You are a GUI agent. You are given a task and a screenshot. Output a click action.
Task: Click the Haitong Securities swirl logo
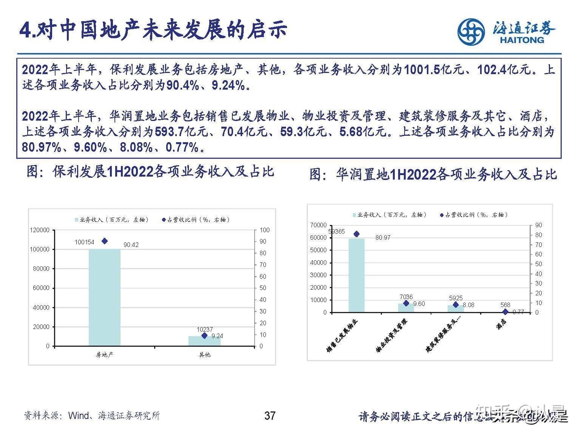[471, 32]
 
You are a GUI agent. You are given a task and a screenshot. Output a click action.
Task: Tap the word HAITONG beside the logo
[522, 40]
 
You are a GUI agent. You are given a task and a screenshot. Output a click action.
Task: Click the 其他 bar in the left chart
[204, 341]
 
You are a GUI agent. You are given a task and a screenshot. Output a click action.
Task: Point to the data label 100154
[84, 242]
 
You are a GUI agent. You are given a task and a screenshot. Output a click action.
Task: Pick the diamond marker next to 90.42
[105, 241]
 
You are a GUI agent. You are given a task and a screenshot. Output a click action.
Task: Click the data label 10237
[204, 329]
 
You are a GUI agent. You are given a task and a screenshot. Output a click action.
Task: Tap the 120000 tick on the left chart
[40, 230]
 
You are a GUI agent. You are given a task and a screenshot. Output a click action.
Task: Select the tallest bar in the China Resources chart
[356, 275]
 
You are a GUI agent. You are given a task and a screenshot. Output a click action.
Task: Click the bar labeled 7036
[406, 308]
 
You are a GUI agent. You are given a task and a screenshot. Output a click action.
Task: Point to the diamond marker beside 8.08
[456, 304]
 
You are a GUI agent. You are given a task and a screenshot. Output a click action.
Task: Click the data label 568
[505, 305]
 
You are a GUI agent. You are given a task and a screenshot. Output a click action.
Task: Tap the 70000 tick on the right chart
[318, 225]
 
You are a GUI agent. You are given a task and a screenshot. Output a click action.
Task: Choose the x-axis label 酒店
[502, 324]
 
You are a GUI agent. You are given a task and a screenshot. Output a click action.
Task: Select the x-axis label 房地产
[105, 355]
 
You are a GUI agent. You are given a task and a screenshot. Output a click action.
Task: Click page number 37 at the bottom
[270, 416]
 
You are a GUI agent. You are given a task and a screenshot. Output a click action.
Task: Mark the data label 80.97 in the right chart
[383, 237]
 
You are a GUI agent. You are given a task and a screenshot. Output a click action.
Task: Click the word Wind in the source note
[78, 416]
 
